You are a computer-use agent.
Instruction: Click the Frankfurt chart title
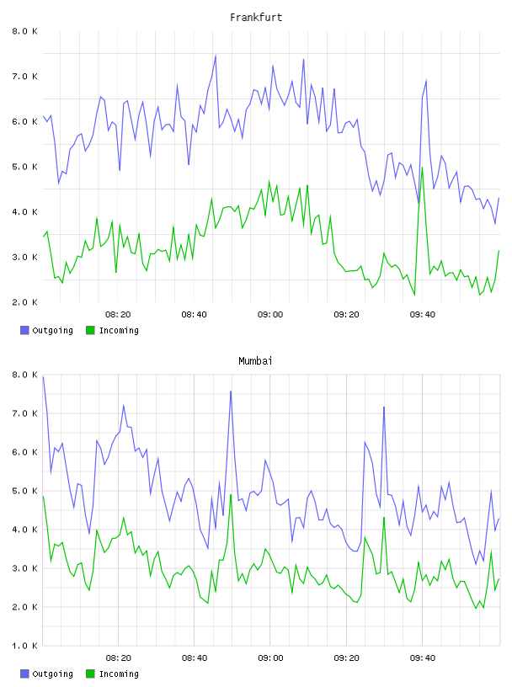click(256, 18)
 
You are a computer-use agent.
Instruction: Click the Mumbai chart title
click(255, 361)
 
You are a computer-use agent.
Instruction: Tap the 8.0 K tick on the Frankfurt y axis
click(24, 31)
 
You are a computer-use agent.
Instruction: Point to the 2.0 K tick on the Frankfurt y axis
click(24, 302)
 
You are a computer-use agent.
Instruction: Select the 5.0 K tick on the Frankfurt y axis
click(24, 167)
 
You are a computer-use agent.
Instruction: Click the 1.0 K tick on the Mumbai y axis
click(24, 646)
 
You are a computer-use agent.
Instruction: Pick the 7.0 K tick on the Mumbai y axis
click(24, 413)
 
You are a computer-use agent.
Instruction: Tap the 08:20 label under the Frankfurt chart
click(118, 314)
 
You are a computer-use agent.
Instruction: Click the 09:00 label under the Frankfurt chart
click(270, 314)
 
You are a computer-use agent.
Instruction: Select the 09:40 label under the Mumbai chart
click(423, 658)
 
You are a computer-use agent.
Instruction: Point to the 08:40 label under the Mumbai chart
click(195, 658)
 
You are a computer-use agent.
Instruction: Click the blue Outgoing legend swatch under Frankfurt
click(24, 330)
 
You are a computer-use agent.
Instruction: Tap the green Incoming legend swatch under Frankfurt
click(90, 330)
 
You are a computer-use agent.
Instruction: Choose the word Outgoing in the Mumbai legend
click(52, 674)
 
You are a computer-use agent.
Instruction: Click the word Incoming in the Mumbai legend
click(119, 674)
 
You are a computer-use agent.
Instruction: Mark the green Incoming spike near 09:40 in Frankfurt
click(422, 168)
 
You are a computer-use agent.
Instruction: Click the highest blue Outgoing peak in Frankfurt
click(216, 56)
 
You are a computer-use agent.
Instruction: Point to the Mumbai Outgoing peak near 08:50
click(231, 391)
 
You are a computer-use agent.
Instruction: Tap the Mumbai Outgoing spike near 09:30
click(384, 407)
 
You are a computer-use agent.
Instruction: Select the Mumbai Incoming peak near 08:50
click(231, 495)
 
